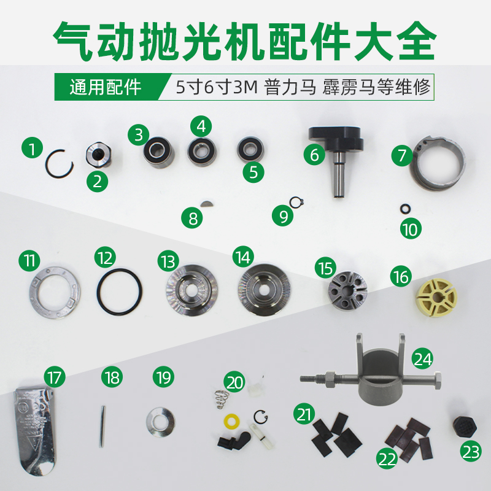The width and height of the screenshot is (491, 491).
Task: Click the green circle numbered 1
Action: [x=32, y=147]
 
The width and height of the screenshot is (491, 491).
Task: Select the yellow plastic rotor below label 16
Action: [x=436, y=298]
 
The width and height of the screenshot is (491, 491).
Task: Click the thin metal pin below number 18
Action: [x=102, y=424]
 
